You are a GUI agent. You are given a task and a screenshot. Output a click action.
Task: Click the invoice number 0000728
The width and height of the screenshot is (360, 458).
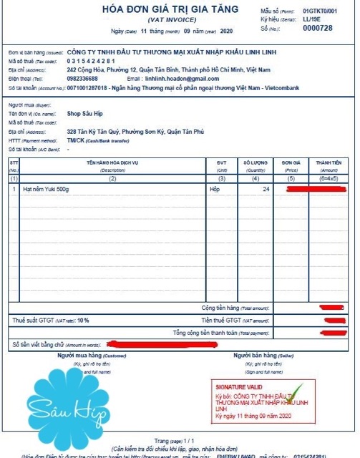pyautogui.click(x=318, y=28)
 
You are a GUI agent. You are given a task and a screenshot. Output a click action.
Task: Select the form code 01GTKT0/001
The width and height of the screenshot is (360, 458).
pyautogui.click(x=319, y=12)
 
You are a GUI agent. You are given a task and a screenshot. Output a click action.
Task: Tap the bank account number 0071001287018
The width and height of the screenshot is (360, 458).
pyautogui.click(x=87, y=87)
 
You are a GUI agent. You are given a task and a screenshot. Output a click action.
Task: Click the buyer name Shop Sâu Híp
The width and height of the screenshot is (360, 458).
pyautogui.click(x=87, y=114)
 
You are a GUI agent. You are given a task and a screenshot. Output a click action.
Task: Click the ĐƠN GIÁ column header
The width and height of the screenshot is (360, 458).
pyautogui.click(x=290, y=164)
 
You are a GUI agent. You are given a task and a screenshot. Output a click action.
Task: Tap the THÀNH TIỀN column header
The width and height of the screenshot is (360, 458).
pyautogui.click(x=328, y=164)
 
